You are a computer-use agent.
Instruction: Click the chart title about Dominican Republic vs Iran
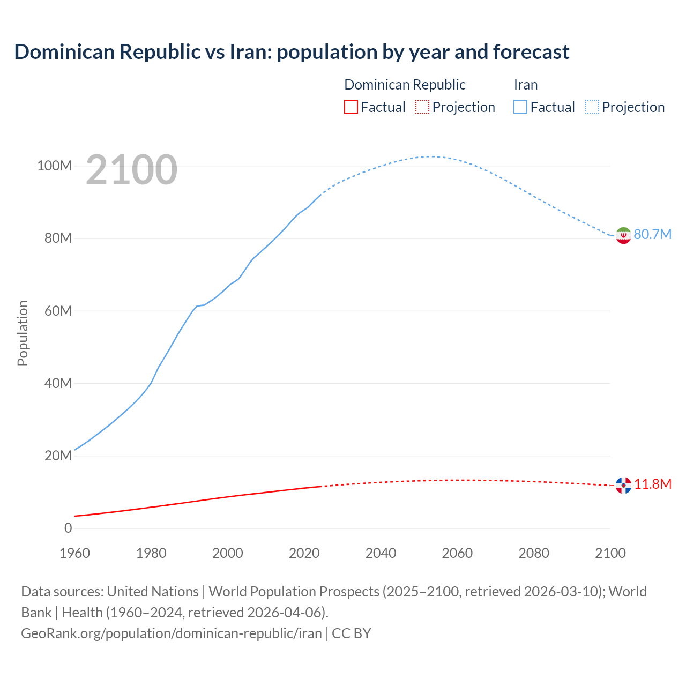[x=292, y=52]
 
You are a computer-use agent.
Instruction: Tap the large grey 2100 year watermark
[x=131, y=170]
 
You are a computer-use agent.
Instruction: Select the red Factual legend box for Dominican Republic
[x=351, y=107]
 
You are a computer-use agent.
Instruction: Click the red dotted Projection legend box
[x=422, y=107]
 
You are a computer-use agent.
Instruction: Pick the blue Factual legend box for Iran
[x=520, y=107]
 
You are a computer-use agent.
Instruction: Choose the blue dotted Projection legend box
[x=592, y=107]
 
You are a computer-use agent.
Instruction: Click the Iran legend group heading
[x=525, y=85]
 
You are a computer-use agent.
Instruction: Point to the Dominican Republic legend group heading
[x=405, y=85]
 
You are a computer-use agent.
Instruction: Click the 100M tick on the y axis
[x=54, y=166]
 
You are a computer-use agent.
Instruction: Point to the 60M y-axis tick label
[x=58, y=311]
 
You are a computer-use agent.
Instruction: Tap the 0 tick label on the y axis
[x=68, y=528]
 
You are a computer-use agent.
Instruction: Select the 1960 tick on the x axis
[x=74, y=553]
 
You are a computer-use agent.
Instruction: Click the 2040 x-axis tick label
[x=381, y=553]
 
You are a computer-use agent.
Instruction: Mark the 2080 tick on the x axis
[x=534, y=553]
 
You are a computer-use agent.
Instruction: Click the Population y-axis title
[x=23, y=333]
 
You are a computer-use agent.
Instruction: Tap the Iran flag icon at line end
[x=623, y=235]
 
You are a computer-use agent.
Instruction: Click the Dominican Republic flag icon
[x=623, y=485]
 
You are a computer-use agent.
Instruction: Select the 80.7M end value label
[x=652, y=234]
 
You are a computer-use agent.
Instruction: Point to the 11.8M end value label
[x=653, y=484]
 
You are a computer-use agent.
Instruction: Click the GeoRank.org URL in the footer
[x=171, y=633]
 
